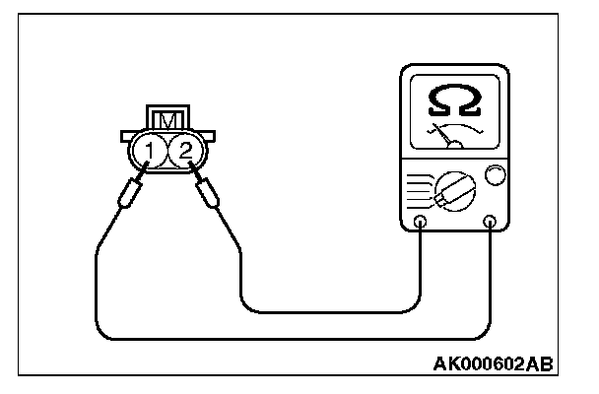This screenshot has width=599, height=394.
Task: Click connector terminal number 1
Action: pyautogui.click(x=149, y=150)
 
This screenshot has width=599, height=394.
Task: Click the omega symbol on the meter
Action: pyautogui.click(x=454, y=98)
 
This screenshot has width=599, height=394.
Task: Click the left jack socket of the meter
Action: pyautogui.click(x=421, y=221)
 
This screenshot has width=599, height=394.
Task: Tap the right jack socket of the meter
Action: pyautogui.click(x=490, y=221)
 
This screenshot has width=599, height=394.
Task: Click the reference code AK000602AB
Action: pyautogui.click(x=493, y=364)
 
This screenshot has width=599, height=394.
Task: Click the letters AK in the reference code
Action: pyautogui.click(x=445, y=364)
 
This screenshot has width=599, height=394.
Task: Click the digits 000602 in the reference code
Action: pyautogui.click(x=492, y=364)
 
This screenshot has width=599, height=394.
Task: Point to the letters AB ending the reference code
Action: pyautogui.click(x=539, y=364)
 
